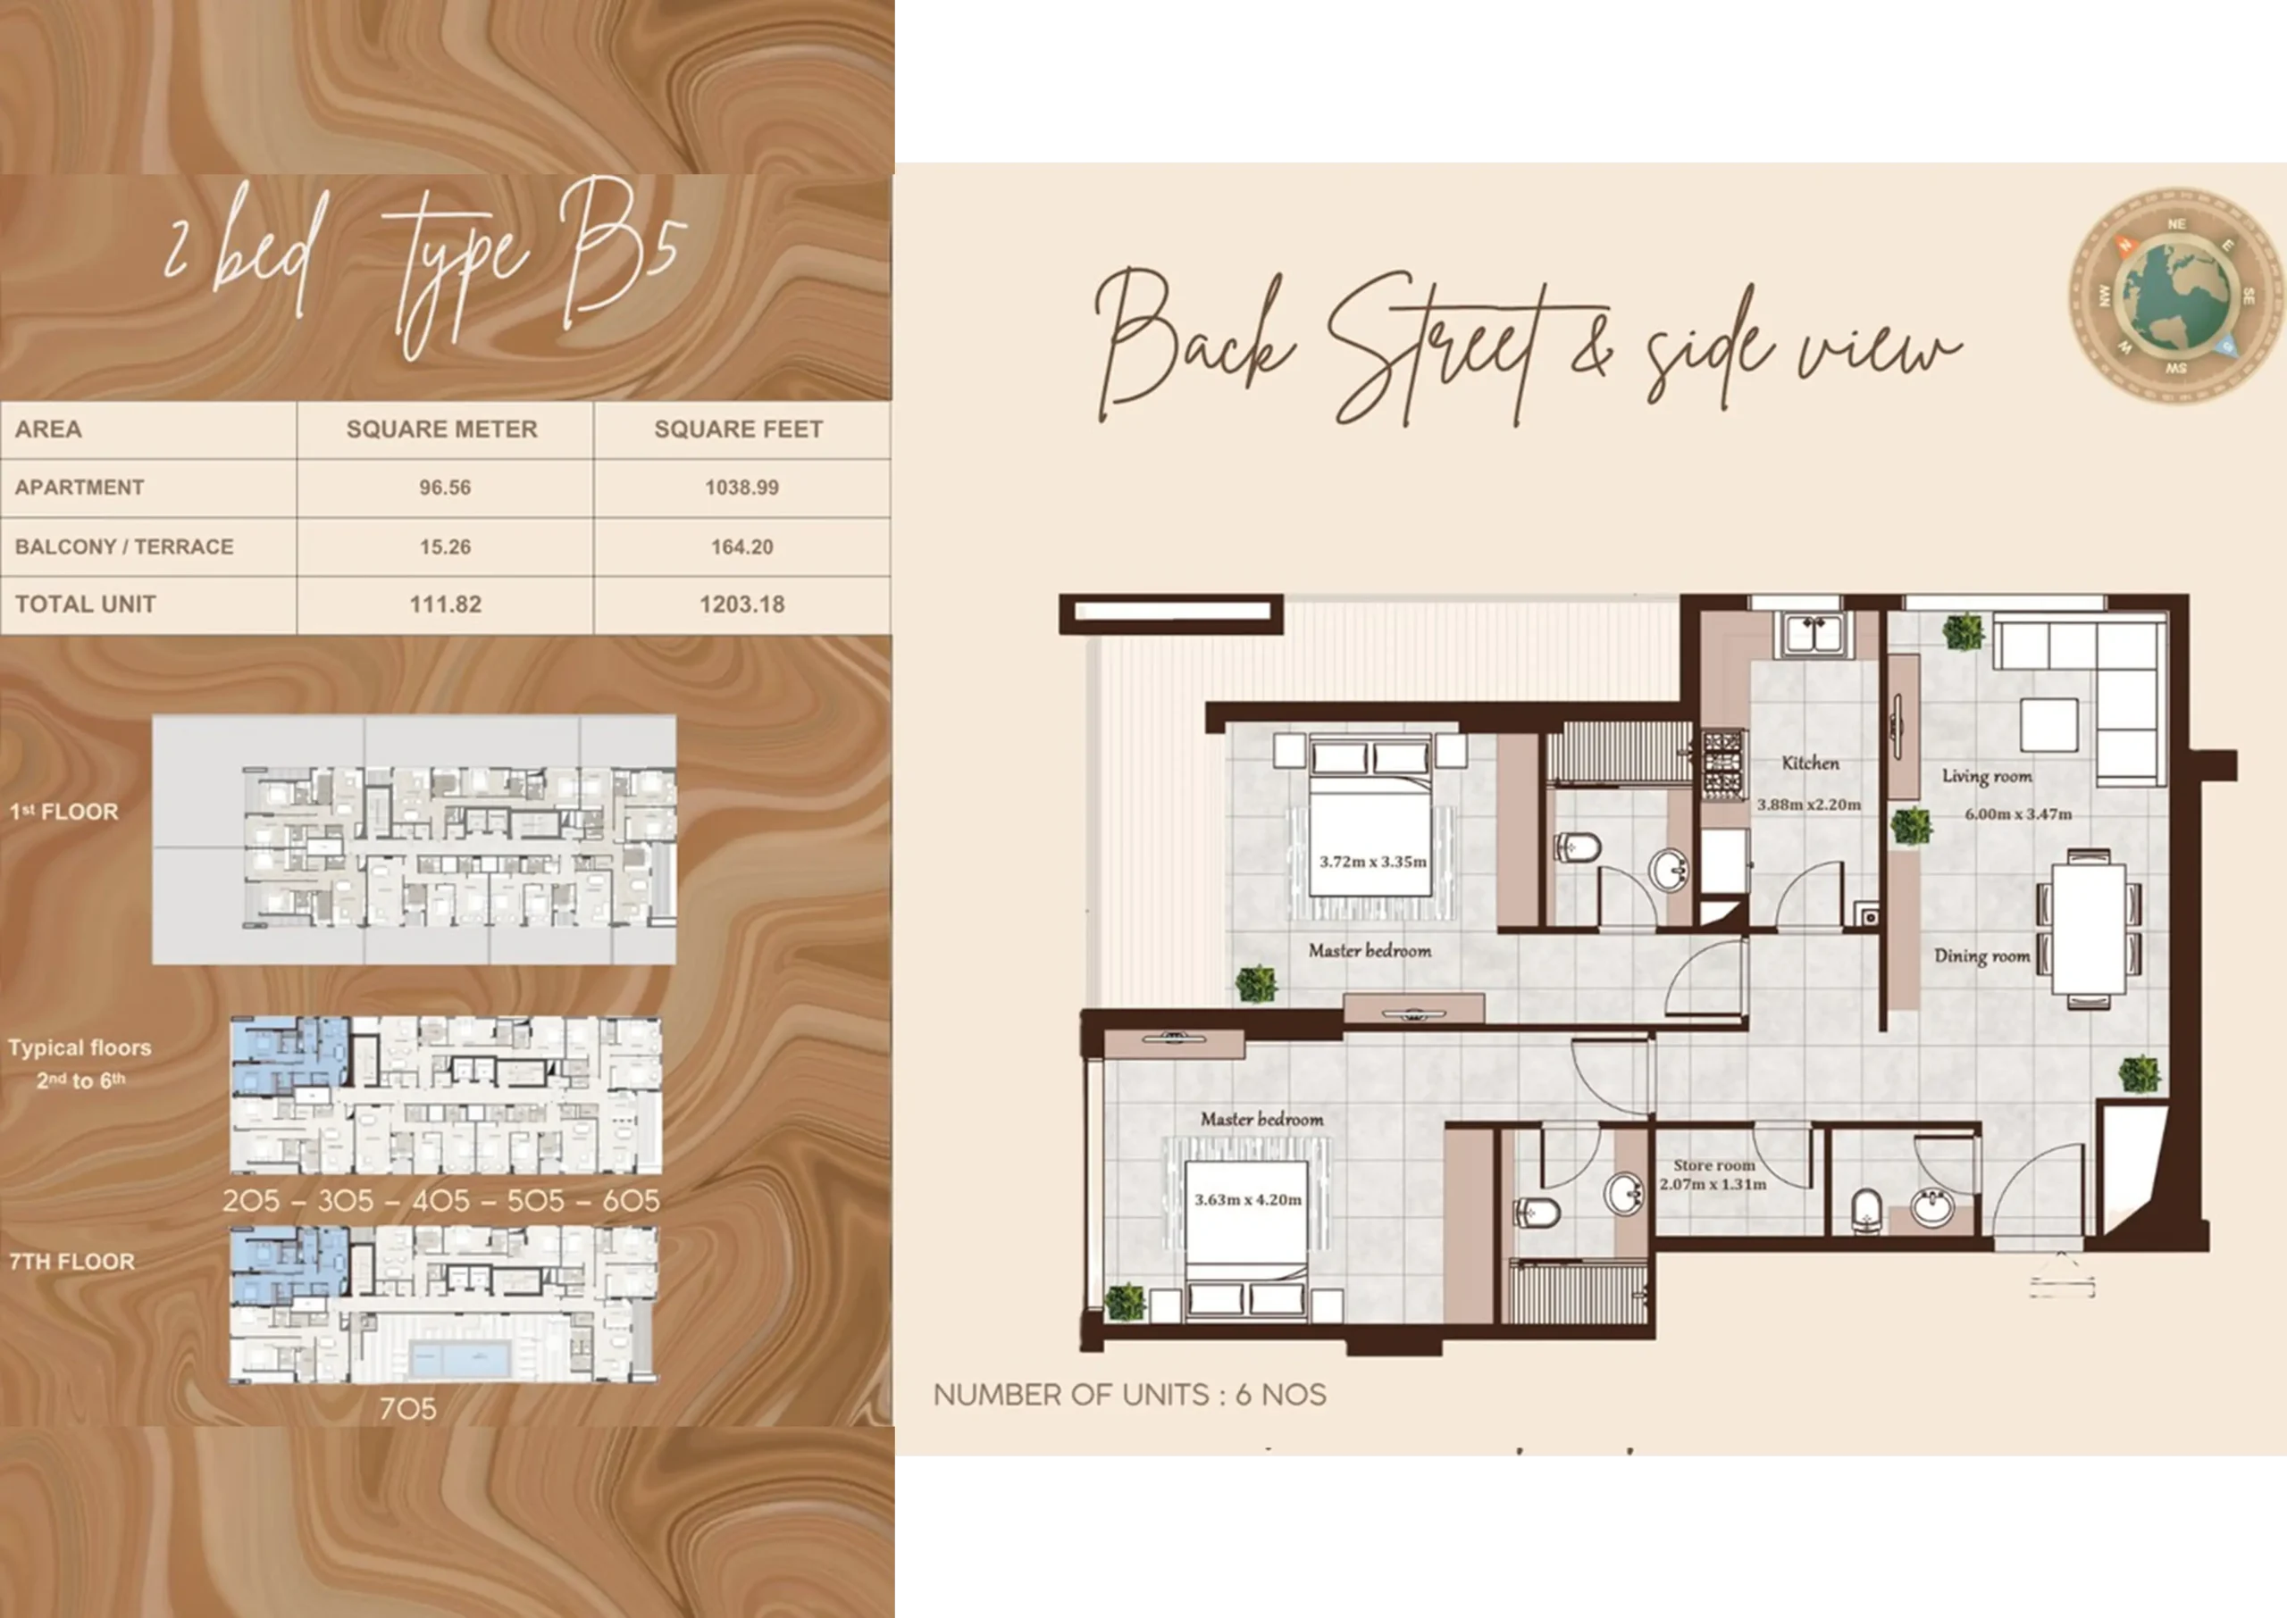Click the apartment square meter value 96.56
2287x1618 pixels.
point(444,488)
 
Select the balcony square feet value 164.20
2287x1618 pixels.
point(741,547)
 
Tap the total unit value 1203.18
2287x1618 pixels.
point(741,605)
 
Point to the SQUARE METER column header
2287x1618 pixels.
point(441,430)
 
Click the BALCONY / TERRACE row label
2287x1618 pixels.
point(123,547)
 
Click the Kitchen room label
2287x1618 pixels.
point(1811,763)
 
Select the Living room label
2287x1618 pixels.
point(1987,776)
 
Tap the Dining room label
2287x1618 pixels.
point(1982,956)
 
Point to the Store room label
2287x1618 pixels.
point(1714,1164)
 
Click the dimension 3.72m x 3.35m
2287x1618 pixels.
point(1373,862)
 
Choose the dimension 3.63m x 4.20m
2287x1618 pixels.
point(1248,1199)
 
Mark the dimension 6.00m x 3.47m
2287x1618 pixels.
point(2018,814)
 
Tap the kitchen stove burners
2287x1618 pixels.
point(1722,765)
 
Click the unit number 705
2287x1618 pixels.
point(407,1409)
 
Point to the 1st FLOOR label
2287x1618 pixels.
point(63,812)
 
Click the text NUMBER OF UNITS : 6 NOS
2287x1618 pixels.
point(1130,1395)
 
